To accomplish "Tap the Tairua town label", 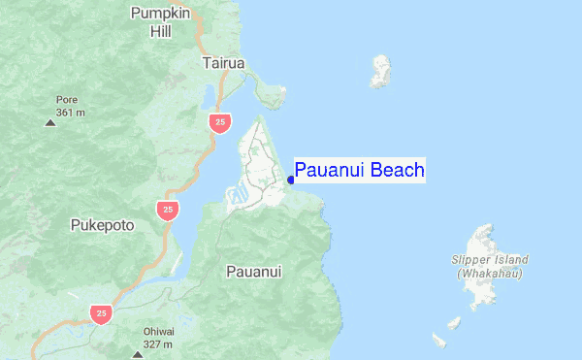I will [224, 63].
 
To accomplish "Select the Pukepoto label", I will [102, 225].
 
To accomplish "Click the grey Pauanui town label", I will [253, 272].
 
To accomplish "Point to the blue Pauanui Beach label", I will [359, 172].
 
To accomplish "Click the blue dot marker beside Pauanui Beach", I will [290, 179].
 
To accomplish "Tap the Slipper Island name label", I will [490, 260].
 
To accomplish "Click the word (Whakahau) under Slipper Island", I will [490, 275].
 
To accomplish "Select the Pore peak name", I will [66, 99].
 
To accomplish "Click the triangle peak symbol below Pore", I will [50, 122].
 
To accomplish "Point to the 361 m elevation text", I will [71, 113].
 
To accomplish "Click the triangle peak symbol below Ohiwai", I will [137, 354].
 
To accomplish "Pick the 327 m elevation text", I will [158, 344].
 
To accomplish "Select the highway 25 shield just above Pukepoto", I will [168, 210].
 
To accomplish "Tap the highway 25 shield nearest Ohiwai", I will [100, 313].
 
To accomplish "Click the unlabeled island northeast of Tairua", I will [381, 72].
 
